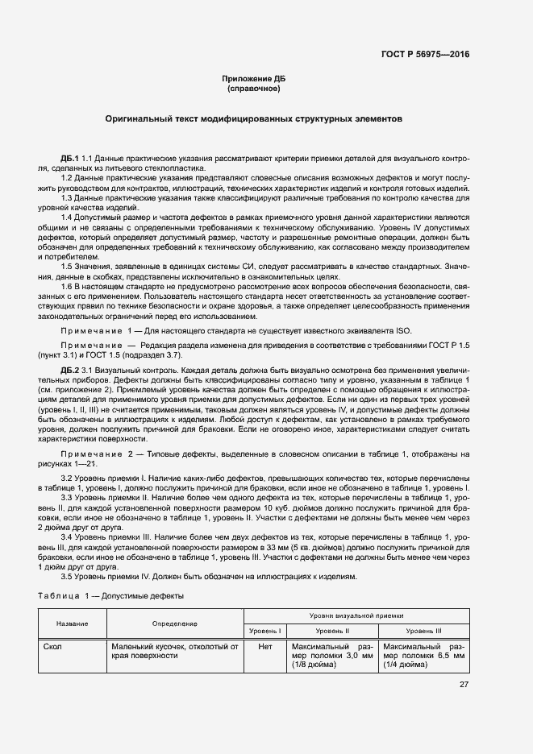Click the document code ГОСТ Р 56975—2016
tap(425, 54)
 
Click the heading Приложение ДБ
tap(254, 78)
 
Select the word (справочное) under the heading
tap(254, 88)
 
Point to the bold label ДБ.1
tap(69, 155)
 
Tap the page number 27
tap(464, 685)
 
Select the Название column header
tap(73, 623)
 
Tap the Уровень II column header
tap(332, 630)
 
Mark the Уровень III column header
tap(423, 630)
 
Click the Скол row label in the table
tap(54, 646)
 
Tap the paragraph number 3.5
tap(69, 576)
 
